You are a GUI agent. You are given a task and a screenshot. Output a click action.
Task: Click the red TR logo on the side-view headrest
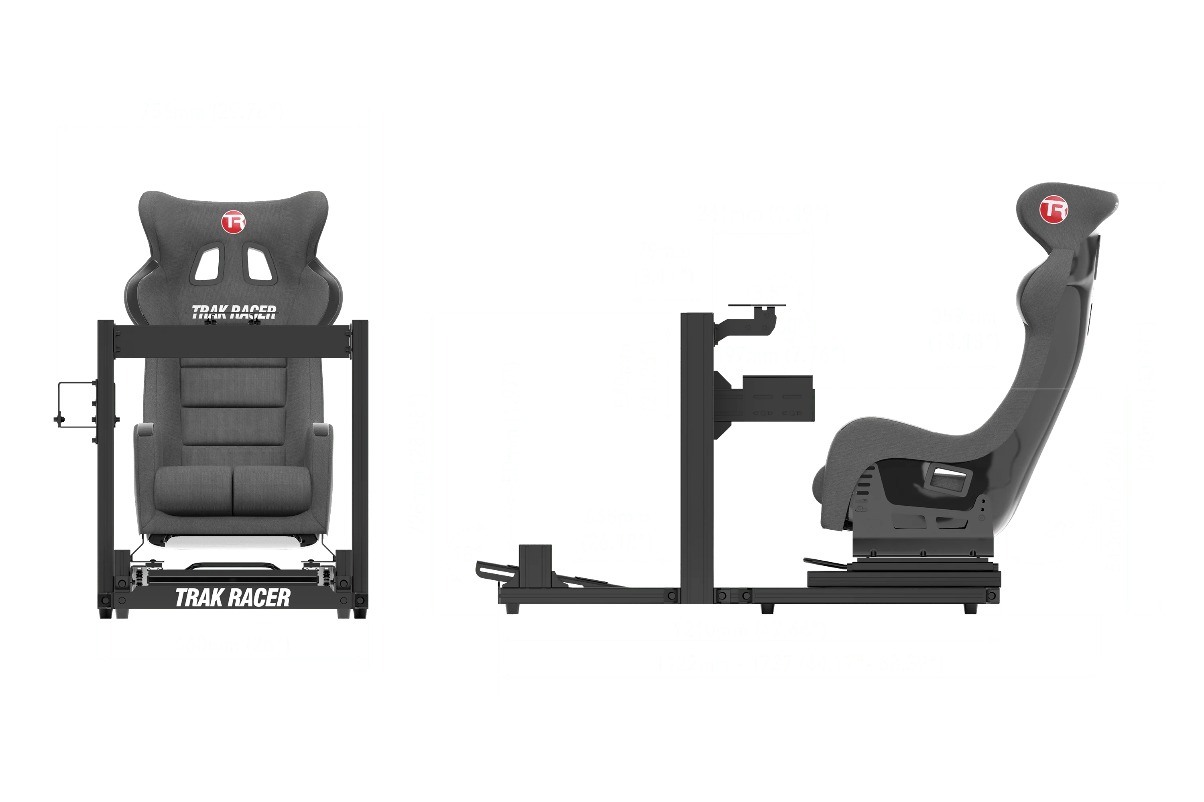point(1053,210)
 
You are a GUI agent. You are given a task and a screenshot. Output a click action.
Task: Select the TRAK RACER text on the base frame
point(232,597)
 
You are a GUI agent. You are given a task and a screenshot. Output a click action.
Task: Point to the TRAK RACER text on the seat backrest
point(234,312)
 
